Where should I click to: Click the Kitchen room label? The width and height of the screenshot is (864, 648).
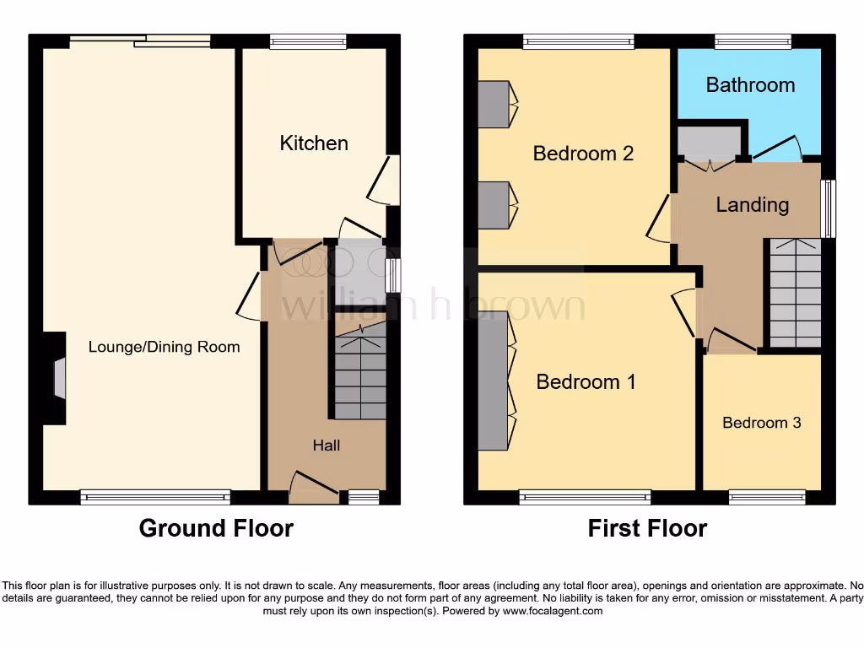pyautogui.click(x=314, y=143)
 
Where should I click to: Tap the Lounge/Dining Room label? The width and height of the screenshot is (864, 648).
pyautogui.click(x=164, y=347)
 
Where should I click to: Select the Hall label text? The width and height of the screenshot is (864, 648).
pyautogui.click(x=327, y=445)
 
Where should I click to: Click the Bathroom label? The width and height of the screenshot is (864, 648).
pyautogui.click(x=750, y=84)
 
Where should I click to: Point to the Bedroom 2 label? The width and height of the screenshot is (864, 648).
pyautogui.click(x=583, y=154)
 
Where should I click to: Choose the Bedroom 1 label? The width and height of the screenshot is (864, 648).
pyautogui.click(x=586, y=382)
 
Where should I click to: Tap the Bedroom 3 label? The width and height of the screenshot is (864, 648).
pyautogui.click(x=761, y=423)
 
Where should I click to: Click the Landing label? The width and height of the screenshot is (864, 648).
pyautogui.click(x=752, y=205)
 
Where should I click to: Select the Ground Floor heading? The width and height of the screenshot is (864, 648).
pyautogui.click(x=216, y=529)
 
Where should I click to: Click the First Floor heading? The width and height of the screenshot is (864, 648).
pyautogui.click(x=647, y=529)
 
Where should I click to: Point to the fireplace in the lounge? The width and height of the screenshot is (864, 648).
pyautogui.click(x=57, y=378)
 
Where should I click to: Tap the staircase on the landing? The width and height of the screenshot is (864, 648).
pyautogui.click(x=795, y=292)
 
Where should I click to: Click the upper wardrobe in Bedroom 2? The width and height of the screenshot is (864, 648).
pyautogui.click(x=494, y=104)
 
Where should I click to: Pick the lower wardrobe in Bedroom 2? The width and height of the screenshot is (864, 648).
pyautogui.click(x=494, y=205)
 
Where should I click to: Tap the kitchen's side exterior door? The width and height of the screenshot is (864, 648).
pyautogui.click(x=384, y=180)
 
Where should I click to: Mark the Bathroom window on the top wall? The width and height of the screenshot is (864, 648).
pyautogui.click(x=753, y=40)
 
